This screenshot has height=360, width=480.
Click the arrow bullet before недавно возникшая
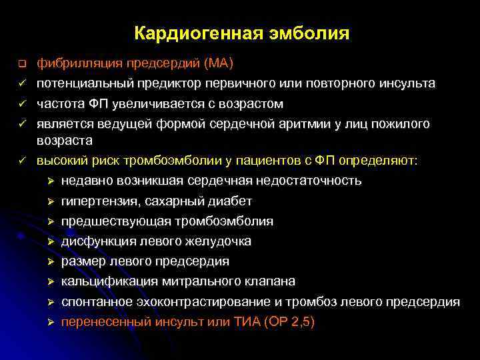tap(51, 181)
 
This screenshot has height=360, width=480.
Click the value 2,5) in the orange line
tap(301, 321)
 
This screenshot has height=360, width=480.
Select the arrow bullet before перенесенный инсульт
tap(51, 322)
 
